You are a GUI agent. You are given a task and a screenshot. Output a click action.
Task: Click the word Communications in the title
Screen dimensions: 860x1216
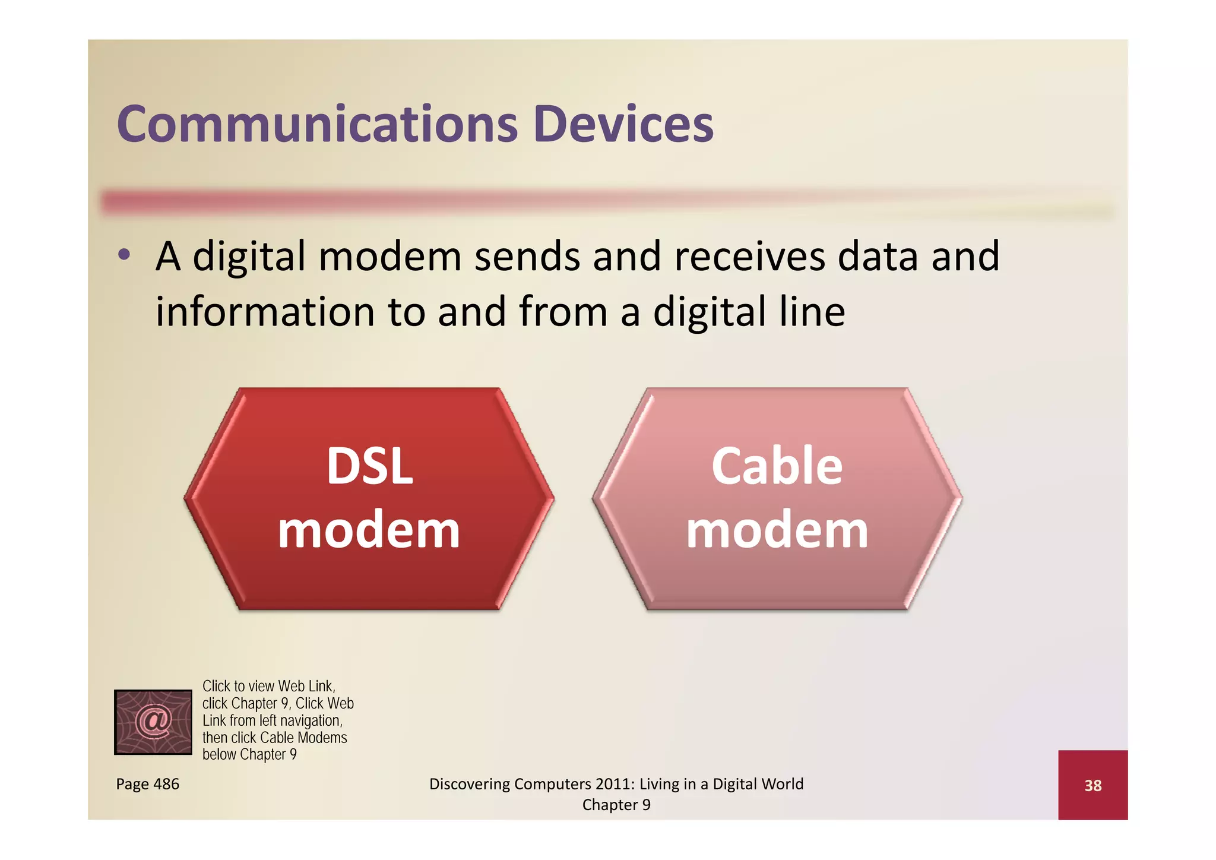(x=317, y=125)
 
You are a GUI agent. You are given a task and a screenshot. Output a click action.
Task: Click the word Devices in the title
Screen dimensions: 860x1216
(x=623, y=125)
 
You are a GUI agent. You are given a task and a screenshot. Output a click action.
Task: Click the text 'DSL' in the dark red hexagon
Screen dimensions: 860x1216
(x=369, y=467)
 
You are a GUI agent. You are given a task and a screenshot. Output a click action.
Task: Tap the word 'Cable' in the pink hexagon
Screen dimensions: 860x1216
(x=777, y=467)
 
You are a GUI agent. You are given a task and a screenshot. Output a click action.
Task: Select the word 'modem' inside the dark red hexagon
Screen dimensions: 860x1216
(x=369, y=530)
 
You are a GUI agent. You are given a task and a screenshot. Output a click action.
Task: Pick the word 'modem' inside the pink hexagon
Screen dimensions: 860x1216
(x=777, y=530)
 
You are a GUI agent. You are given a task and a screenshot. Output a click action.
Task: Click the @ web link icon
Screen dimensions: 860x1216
(x=153, y=722)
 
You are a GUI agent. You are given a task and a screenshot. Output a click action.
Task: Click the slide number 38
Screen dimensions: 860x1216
(x=1092, y=786)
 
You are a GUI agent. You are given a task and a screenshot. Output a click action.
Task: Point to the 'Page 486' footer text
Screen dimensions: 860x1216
(x=147, y=784)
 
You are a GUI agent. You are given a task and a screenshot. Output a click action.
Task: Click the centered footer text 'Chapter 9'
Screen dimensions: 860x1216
(x=616, y=805)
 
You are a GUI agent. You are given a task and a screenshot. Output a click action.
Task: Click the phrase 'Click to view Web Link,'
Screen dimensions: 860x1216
(x=269, y=687)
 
